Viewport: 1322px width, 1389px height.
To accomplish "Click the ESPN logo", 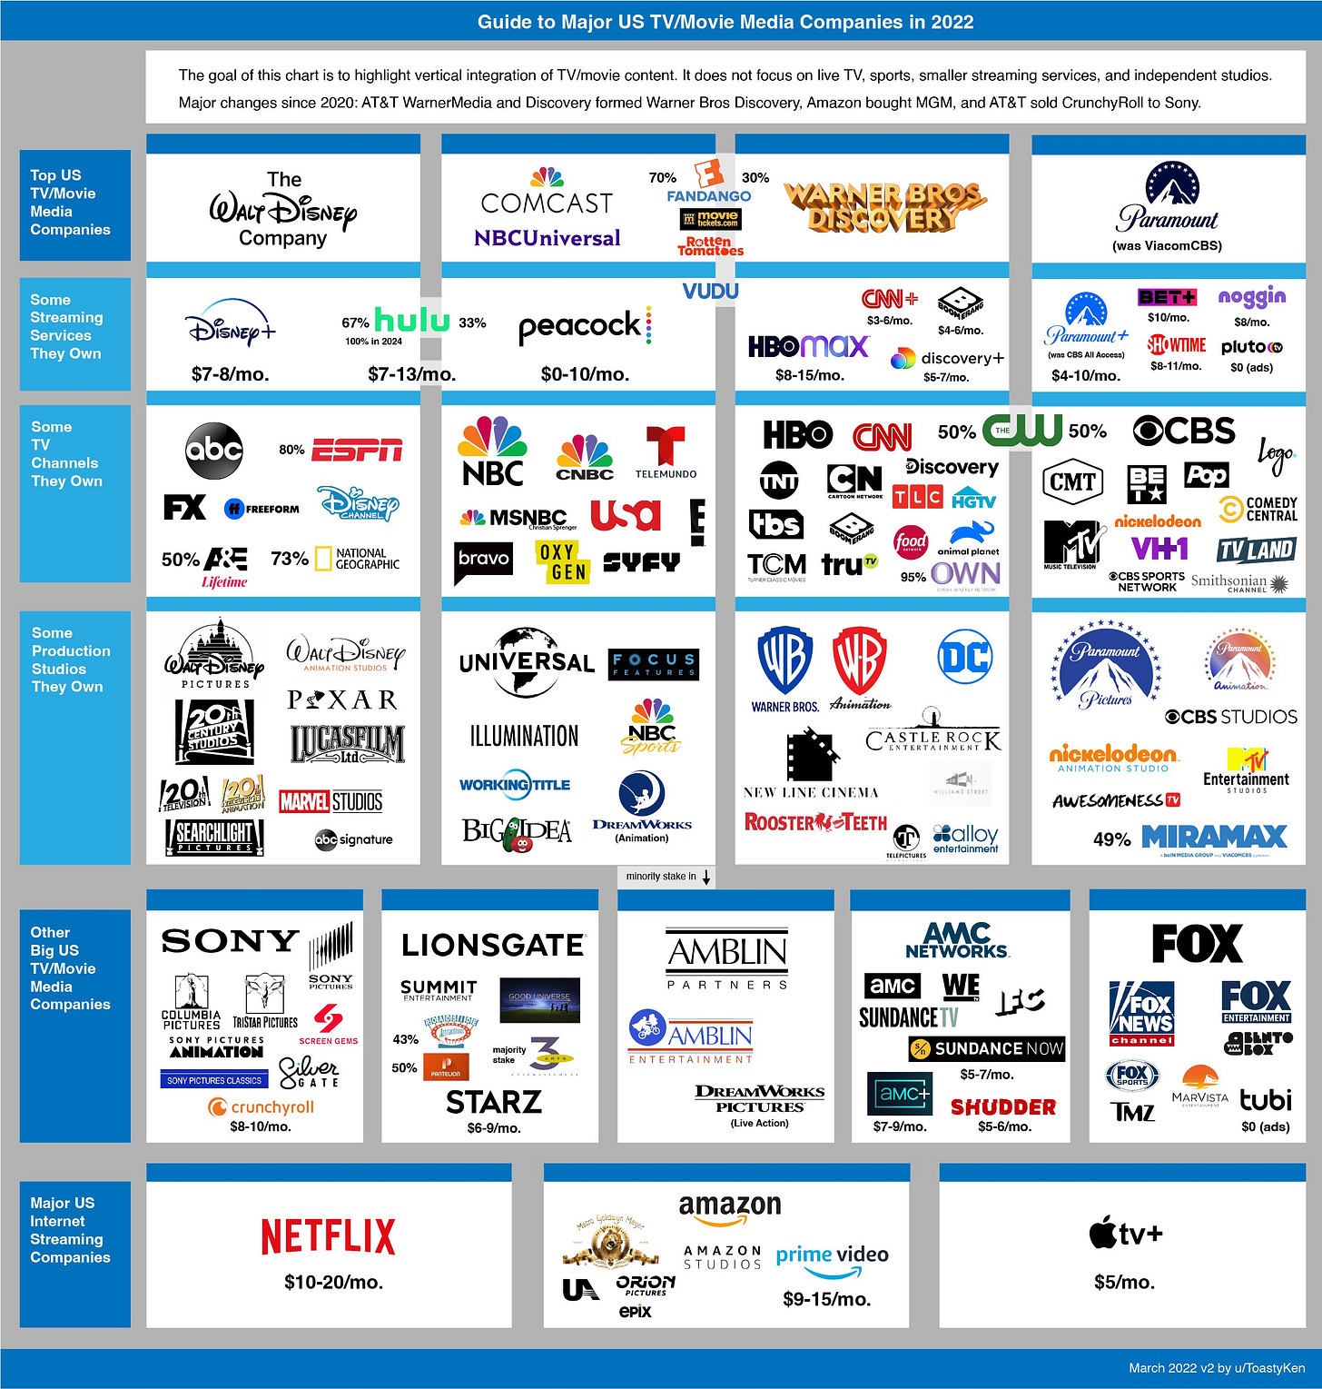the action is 357,450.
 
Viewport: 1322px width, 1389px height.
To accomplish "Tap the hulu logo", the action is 412,320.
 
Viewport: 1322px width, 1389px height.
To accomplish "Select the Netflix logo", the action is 328,1236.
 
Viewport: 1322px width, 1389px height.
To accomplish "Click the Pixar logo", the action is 342,699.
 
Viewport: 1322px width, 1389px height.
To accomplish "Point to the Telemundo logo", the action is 666,451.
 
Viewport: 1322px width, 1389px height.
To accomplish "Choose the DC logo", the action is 965,657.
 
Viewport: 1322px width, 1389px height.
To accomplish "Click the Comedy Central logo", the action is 1258,509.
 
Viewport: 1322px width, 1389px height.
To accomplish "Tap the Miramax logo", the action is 1214,837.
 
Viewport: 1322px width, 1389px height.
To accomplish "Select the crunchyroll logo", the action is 261,1106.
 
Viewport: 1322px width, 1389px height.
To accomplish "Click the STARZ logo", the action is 494,1102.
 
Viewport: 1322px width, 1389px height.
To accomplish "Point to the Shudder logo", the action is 1003,1106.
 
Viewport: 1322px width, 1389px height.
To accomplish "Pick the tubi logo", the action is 1266,1100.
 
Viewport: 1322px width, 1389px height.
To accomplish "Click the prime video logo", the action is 832,1256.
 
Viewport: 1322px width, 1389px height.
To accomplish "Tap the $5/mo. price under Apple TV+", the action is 1124,1282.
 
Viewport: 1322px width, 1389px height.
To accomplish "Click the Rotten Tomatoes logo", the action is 710,246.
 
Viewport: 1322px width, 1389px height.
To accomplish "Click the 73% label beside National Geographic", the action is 289,559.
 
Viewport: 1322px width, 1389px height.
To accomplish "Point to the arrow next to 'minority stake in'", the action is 706,877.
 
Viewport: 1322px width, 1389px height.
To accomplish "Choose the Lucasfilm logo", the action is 347,743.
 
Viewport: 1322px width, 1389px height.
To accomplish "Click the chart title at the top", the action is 725,22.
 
